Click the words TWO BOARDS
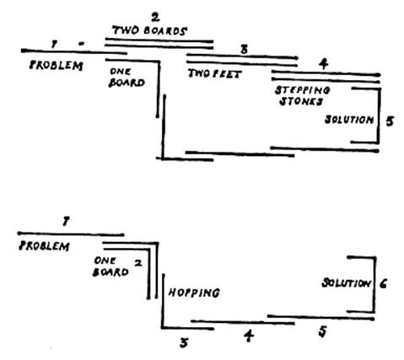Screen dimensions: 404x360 pyautogui.click(x=150, y=30)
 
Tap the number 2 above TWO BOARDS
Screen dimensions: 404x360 pyautogui.click(x=155, y=18)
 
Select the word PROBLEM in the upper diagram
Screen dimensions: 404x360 pyautogui.click(x=57, y=66)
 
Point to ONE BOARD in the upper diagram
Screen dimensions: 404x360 pyautogui.click(x=127, y=78)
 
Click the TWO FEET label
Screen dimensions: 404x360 pyautogui.click(x=215, y=73)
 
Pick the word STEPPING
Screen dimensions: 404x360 pyautogui.click(x=302, y=90)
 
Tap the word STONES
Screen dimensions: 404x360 pyautogui.click(x=300, y=101)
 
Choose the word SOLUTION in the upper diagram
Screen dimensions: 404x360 pyautogui.click(x=349, y=120)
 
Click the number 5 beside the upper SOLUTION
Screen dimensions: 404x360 pyautogui.click(x=390, y=121)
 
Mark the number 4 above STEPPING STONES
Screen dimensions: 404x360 pyautogui.click(x=324, y=64)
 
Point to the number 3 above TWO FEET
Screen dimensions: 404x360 pyautogui.click(x=244, y=50)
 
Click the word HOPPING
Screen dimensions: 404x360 pyautogui.click(x=194, y=293)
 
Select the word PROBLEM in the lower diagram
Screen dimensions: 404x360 pyautogui.click(x=44, y=246)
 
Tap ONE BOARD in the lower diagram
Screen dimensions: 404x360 pyautogui.click(x=110, y=266)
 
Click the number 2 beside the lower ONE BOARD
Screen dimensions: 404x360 pyautogui.click(x=138, y=264)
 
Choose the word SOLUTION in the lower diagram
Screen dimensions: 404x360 pyautogui.click(x=346, y=283)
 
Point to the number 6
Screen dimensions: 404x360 pyautogui.click(x=383, y=284)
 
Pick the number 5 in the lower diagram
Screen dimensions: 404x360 pyautogui.click(x=323, y=332)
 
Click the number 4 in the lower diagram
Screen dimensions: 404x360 pyautogui.click(x=249, y=336)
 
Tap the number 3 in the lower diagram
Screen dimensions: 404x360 pyautogui.click(x=184, y=343)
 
